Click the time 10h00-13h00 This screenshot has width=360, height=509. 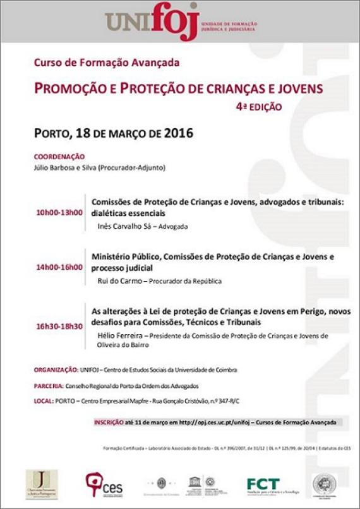coord(60,212)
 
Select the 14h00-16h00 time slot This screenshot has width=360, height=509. coord(59,267)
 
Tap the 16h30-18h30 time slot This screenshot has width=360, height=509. coord(59,326)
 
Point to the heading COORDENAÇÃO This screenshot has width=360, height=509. coord(59,157)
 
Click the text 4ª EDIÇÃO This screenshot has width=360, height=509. coord(259,107)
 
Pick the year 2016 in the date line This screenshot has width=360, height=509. coord(178,133)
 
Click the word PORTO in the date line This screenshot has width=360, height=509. coord(52,134)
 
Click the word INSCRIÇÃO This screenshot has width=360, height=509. coord(109,422)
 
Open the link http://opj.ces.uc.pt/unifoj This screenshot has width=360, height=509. coord(213,422)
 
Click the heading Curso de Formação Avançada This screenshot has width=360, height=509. coord(107,63)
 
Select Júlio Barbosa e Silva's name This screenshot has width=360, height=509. coord(69,168)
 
